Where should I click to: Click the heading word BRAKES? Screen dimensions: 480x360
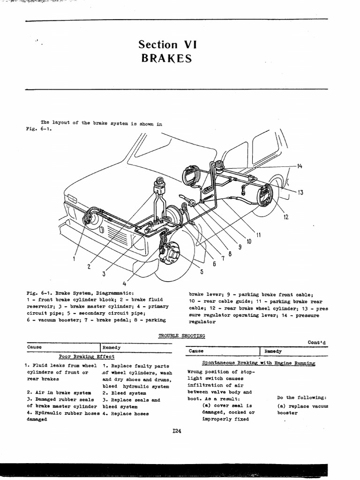(x=166, y=59)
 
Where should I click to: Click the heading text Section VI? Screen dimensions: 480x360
(x=167, y=45)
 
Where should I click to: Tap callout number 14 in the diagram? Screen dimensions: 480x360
(x=300, y=166)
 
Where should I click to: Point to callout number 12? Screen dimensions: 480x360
(x=285, y=217)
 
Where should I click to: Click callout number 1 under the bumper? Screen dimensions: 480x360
(x=74, y=258)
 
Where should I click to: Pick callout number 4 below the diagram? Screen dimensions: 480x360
(x=124, y=283)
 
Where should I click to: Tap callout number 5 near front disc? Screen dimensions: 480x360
(x=202, y=271)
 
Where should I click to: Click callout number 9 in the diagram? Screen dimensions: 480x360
(x=240, y=248)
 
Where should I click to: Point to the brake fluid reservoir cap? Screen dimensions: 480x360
(x=159, y=181)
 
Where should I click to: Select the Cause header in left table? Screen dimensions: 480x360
(x=34, y=347)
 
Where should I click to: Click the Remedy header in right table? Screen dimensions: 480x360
(x=273, y=351)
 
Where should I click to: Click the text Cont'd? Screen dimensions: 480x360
(x=317, y=342)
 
